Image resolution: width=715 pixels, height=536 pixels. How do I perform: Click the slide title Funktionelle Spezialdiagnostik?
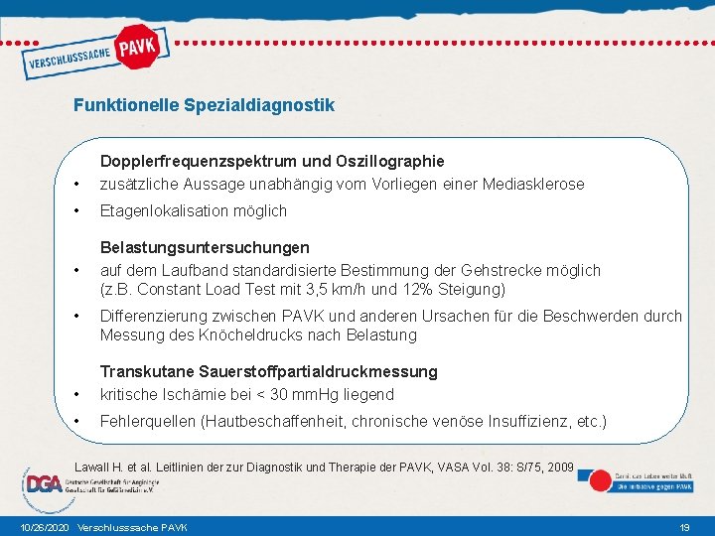[x=204, y=104]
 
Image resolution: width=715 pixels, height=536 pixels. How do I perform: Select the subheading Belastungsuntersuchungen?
[x=205, y=247]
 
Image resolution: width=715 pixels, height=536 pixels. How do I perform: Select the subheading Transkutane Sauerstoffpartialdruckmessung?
[x=268, y=371]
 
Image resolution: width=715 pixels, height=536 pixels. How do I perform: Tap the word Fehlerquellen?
[x=148, y=421]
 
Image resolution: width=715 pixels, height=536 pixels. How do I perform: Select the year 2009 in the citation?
[x=558, y=466]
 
